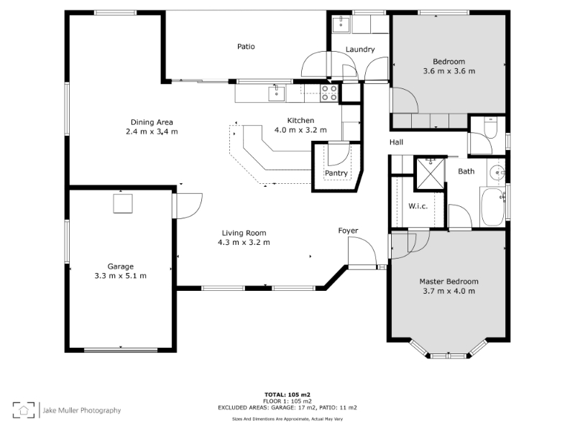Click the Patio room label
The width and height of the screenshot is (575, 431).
click(246, 47)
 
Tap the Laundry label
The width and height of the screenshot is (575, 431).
click(360, 50)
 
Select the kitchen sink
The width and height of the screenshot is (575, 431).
click(277, 93)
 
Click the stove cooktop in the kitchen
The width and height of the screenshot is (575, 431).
click(329, 93)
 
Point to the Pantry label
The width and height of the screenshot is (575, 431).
click(336, 173)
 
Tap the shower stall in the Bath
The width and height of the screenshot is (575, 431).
click(429, 173)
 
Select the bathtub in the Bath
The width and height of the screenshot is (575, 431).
click(493, 206)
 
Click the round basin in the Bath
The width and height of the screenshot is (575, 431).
click(497, 172)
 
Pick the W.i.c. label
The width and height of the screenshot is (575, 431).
click(418, 206)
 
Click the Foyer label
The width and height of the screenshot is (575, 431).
click(348, 231)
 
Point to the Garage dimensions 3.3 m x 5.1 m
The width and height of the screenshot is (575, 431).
click(120, 276)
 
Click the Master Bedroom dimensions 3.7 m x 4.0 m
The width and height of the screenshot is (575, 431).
click(448, 292)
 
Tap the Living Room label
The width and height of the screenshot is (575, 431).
click(244, 233)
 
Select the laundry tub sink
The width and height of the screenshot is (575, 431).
click(341, 24)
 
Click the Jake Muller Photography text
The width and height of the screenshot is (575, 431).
click(82, 410)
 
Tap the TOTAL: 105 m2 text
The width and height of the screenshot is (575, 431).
click(287, 394)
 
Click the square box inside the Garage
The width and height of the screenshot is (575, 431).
click(123, 203)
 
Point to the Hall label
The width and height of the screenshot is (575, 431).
click(397, 142)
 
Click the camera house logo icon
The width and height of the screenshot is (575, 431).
click(24, 409)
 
